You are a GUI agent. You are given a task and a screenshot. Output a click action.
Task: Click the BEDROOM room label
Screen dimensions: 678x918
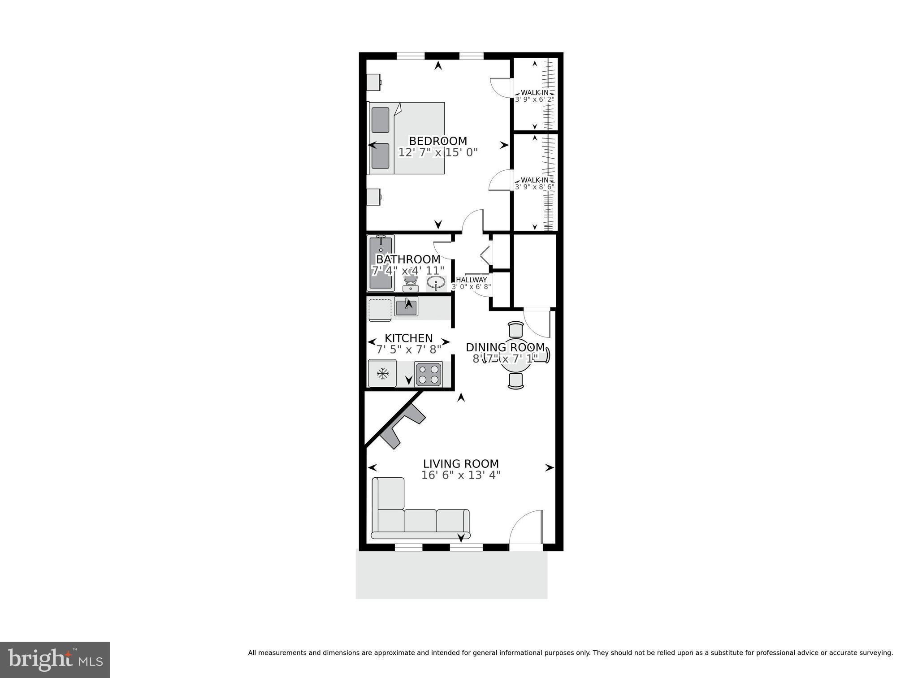pos(437,141)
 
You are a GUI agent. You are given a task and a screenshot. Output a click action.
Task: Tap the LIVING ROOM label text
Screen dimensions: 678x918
pos(461,464)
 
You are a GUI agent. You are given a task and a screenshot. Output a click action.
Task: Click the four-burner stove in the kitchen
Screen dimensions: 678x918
pos(428,374)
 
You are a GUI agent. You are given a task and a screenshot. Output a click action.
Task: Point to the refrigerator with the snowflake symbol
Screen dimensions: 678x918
pos(382,373)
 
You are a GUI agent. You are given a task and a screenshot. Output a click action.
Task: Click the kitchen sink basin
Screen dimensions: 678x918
pos(407,307)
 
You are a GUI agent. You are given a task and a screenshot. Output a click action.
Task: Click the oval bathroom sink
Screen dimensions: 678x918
pos(436,283)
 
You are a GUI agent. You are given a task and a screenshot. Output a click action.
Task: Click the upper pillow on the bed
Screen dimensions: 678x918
pos(381,120)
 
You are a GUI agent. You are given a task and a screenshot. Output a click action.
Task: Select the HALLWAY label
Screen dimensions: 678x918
pos(471,280)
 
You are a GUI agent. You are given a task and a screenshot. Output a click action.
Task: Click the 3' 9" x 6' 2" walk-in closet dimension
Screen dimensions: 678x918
pos(534,99)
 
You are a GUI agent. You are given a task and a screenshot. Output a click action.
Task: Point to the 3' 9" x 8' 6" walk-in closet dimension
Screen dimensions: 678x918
pos(534,187)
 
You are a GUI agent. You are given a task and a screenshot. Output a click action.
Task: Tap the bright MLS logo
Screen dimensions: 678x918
pos(55,660)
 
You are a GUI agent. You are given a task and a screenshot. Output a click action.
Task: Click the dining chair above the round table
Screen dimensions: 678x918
pos(516,329)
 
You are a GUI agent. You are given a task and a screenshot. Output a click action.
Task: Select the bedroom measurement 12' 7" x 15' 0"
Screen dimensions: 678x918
pos(438,153)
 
